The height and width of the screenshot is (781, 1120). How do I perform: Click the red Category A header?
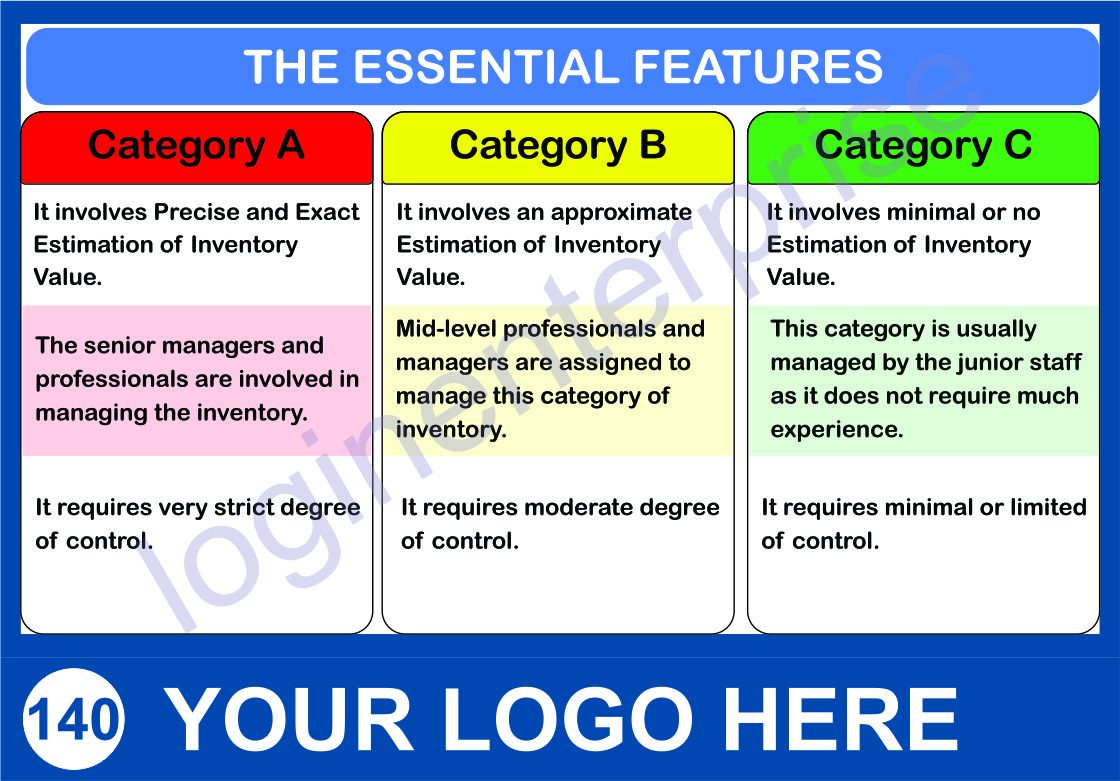[x=197, y=148]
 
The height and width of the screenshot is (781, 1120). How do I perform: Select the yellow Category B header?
[x=558, y=148]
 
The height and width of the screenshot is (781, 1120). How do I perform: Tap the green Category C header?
[x=923, y=148]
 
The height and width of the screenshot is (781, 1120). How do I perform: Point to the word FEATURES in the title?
[x=759, y=66]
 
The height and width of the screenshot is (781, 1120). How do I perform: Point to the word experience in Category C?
[x=836, y=430]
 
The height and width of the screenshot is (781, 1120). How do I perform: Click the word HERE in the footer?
[x=840, y=719]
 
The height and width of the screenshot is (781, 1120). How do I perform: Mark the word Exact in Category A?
[x=327, y=212]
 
